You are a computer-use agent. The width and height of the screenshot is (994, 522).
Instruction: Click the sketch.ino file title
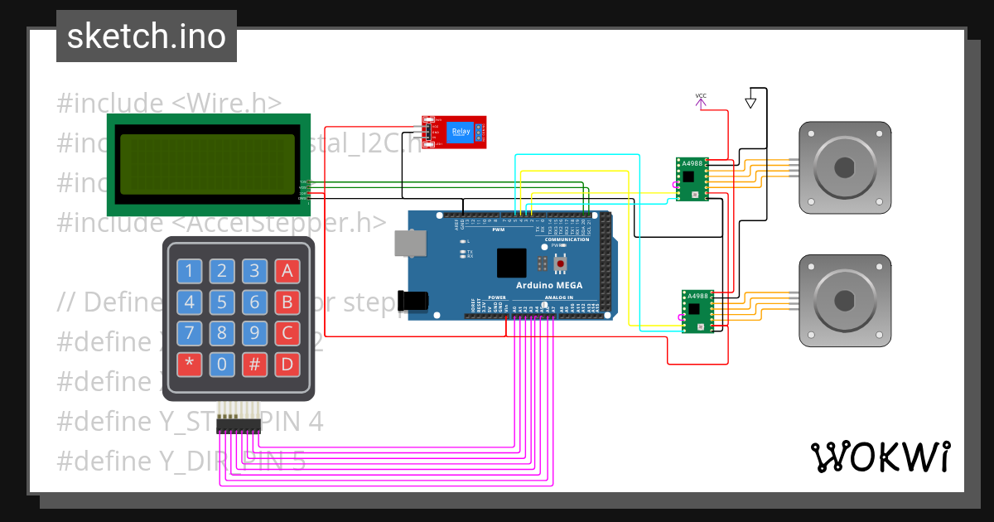pos(146,36)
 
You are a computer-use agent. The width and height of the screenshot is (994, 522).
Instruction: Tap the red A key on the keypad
pos(287,270)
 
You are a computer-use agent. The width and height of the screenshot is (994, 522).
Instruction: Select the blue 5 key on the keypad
pos(223,302)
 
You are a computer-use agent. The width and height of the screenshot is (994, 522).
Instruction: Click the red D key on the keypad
pos(287,363)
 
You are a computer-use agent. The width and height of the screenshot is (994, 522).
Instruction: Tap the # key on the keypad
pos(255,363)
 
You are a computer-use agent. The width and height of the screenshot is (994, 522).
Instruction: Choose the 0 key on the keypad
pos(223,363)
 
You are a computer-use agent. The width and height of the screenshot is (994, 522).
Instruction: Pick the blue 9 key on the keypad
pos(255,333)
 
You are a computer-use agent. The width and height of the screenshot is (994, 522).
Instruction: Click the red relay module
pos(454,132)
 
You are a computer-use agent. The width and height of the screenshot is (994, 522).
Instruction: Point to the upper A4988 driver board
pos(692,178)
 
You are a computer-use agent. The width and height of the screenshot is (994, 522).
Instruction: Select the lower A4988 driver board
pos(697,311)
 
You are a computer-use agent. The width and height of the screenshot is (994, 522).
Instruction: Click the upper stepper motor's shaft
pos(844,167)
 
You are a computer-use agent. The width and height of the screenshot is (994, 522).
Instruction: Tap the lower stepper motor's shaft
pos(844,300)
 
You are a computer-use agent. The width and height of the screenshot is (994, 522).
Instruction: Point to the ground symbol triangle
pos(750,103)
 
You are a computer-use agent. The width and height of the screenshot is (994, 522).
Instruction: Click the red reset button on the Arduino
pos(560,263)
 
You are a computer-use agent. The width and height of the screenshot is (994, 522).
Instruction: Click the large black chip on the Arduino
pos(512,262)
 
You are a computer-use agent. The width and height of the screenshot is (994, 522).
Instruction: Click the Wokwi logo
pos(880,457)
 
